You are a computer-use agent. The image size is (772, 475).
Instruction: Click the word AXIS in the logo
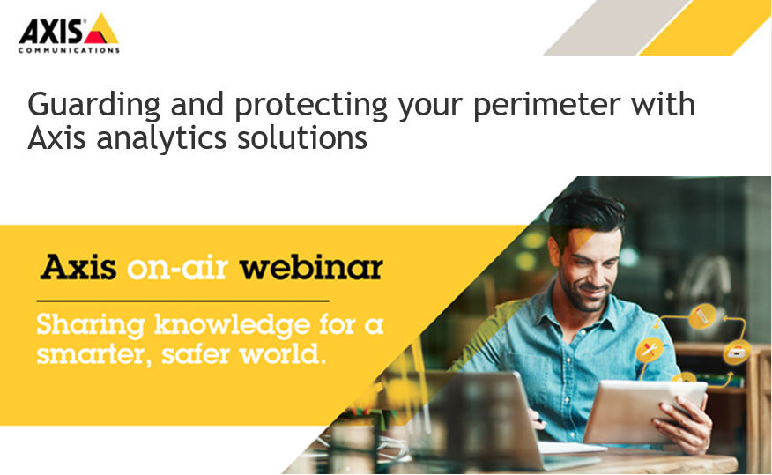coord(51,32)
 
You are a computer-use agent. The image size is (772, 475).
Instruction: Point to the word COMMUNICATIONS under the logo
coord(69,50)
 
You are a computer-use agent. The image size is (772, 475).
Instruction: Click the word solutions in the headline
coord(302,137)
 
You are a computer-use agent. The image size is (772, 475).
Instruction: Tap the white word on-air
coord(177,268)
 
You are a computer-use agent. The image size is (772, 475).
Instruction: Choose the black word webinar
coord(311,267)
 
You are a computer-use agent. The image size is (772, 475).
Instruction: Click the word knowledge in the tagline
coord(232,326)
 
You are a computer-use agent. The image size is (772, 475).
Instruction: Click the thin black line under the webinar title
coord(182,301)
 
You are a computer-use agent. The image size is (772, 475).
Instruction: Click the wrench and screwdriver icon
coord(650,351)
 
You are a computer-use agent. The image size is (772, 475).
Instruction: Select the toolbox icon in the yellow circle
coord(737,353)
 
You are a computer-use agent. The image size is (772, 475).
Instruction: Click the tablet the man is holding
coord(640,411)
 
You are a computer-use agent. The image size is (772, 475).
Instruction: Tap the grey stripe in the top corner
coord(615,27)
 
